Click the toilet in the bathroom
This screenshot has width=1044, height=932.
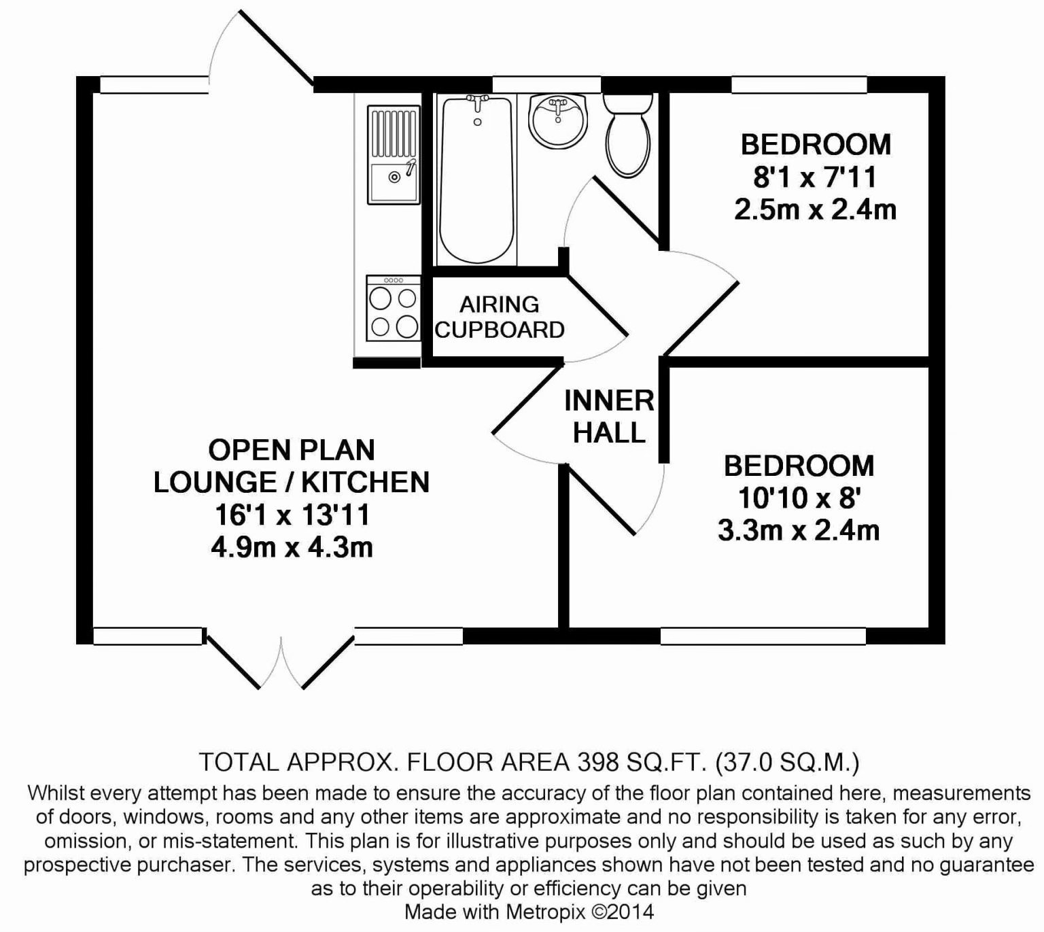627,135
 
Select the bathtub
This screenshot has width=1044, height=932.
477,179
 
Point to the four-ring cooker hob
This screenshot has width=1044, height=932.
393,308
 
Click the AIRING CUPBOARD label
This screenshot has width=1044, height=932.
500,317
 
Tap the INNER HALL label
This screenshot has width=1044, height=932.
609,417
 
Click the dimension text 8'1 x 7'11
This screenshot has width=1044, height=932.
815,177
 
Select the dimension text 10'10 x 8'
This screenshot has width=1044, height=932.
799,498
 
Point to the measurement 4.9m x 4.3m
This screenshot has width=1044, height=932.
292,547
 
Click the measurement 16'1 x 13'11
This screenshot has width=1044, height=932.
292,515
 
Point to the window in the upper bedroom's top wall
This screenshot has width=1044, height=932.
799,85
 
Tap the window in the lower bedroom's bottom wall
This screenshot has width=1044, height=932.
763,636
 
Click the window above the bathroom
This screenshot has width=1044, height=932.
546,85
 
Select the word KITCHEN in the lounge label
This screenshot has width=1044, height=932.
366,482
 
